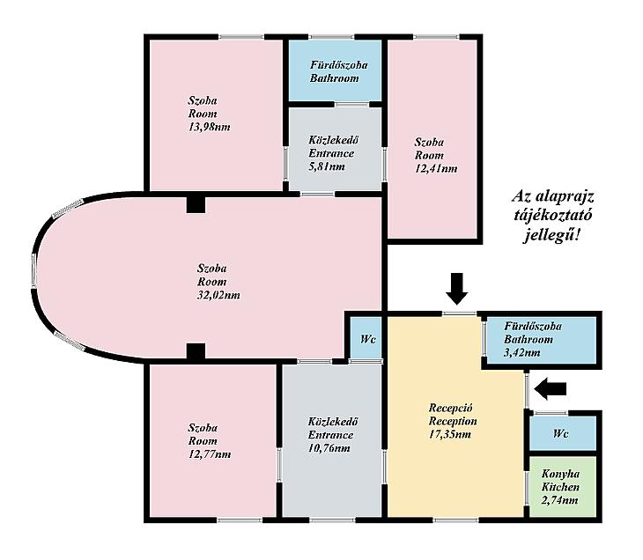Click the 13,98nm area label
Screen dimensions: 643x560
point(209,127)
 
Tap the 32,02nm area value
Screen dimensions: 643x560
point(218,295)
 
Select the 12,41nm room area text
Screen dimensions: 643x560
point(436,168)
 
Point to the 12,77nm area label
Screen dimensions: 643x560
point(210,454)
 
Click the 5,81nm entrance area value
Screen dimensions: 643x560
point(327,166)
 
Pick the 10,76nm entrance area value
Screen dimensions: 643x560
point(329,448)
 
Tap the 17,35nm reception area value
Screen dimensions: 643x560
point(450,434)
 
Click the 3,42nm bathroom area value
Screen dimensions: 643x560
point(522,352)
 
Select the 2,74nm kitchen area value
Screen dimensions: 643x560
point(559,500)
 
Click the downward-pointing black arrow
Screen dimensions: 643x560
point(456,289)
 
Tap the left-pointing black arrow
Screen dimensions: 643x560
point(551,388)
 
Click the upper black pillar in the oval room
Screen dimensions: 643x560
point(196,204)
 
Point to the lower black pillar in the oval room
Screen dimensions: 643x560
point(196,352)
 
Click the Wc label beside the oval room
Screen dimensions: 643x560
point(368,340)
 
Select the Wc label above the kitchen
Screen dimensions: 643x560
point(560,434)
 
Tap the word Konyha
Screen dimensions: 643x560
point(560,475)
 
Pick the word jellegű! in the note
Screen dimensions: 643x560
point(551,236)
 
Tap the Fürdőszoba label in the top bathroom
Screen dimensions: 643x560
point(339,65)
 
